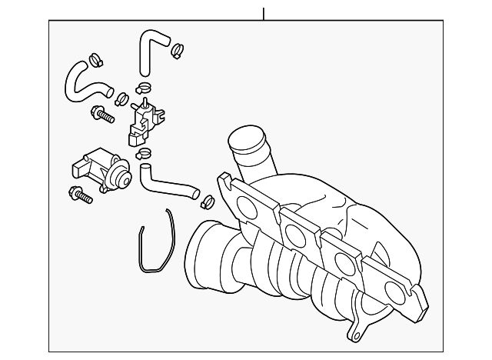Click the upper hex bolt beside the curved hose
point(101,115)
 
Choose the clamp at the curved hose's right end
point(121,98)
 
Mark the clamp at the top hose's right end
point(178,51)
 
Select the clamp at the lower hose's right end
point(207,202)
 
